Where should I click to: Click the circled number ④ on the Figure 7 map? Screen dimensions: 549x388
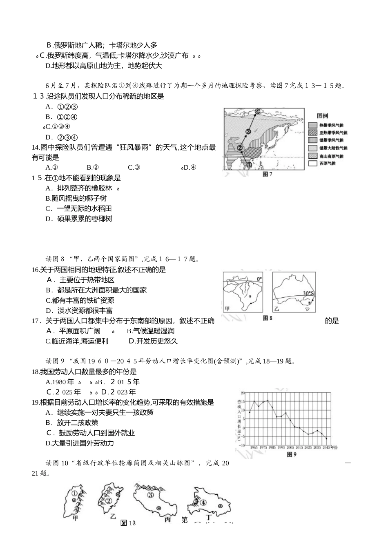(x=258, y=111)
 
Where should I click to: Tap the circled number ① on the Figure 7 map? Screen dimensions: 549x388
(x=249, y=164)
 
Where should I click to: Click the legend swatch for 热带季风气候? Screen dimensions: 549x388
(x=312, y=126)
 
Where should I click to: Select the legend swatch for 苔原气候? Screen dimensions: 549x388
(x=312, y=164)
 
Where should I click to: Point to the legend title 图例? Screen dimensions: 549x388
(x=323, y=116)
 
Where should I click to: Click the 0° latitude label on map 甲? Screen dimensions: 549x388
(x=260, y=279)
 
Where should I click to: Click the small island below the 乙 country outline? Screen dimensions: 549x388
(x=307, y=310)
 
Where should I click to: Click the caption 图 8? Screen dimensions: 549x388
(x=268, y=318)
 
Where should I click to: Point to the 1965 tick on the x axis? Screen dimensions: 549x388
(x=254, y=447)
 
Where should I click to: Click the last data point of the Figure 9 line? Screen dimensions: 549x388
(x=326, y=438)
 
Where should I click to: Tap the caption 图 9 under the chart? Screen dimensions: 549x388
(x=291, y=454)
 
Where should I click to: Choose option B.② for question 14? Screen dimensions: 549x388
(x=93, y=167)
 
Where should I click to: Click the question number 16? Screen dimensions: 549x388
(x=35, y=270)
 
